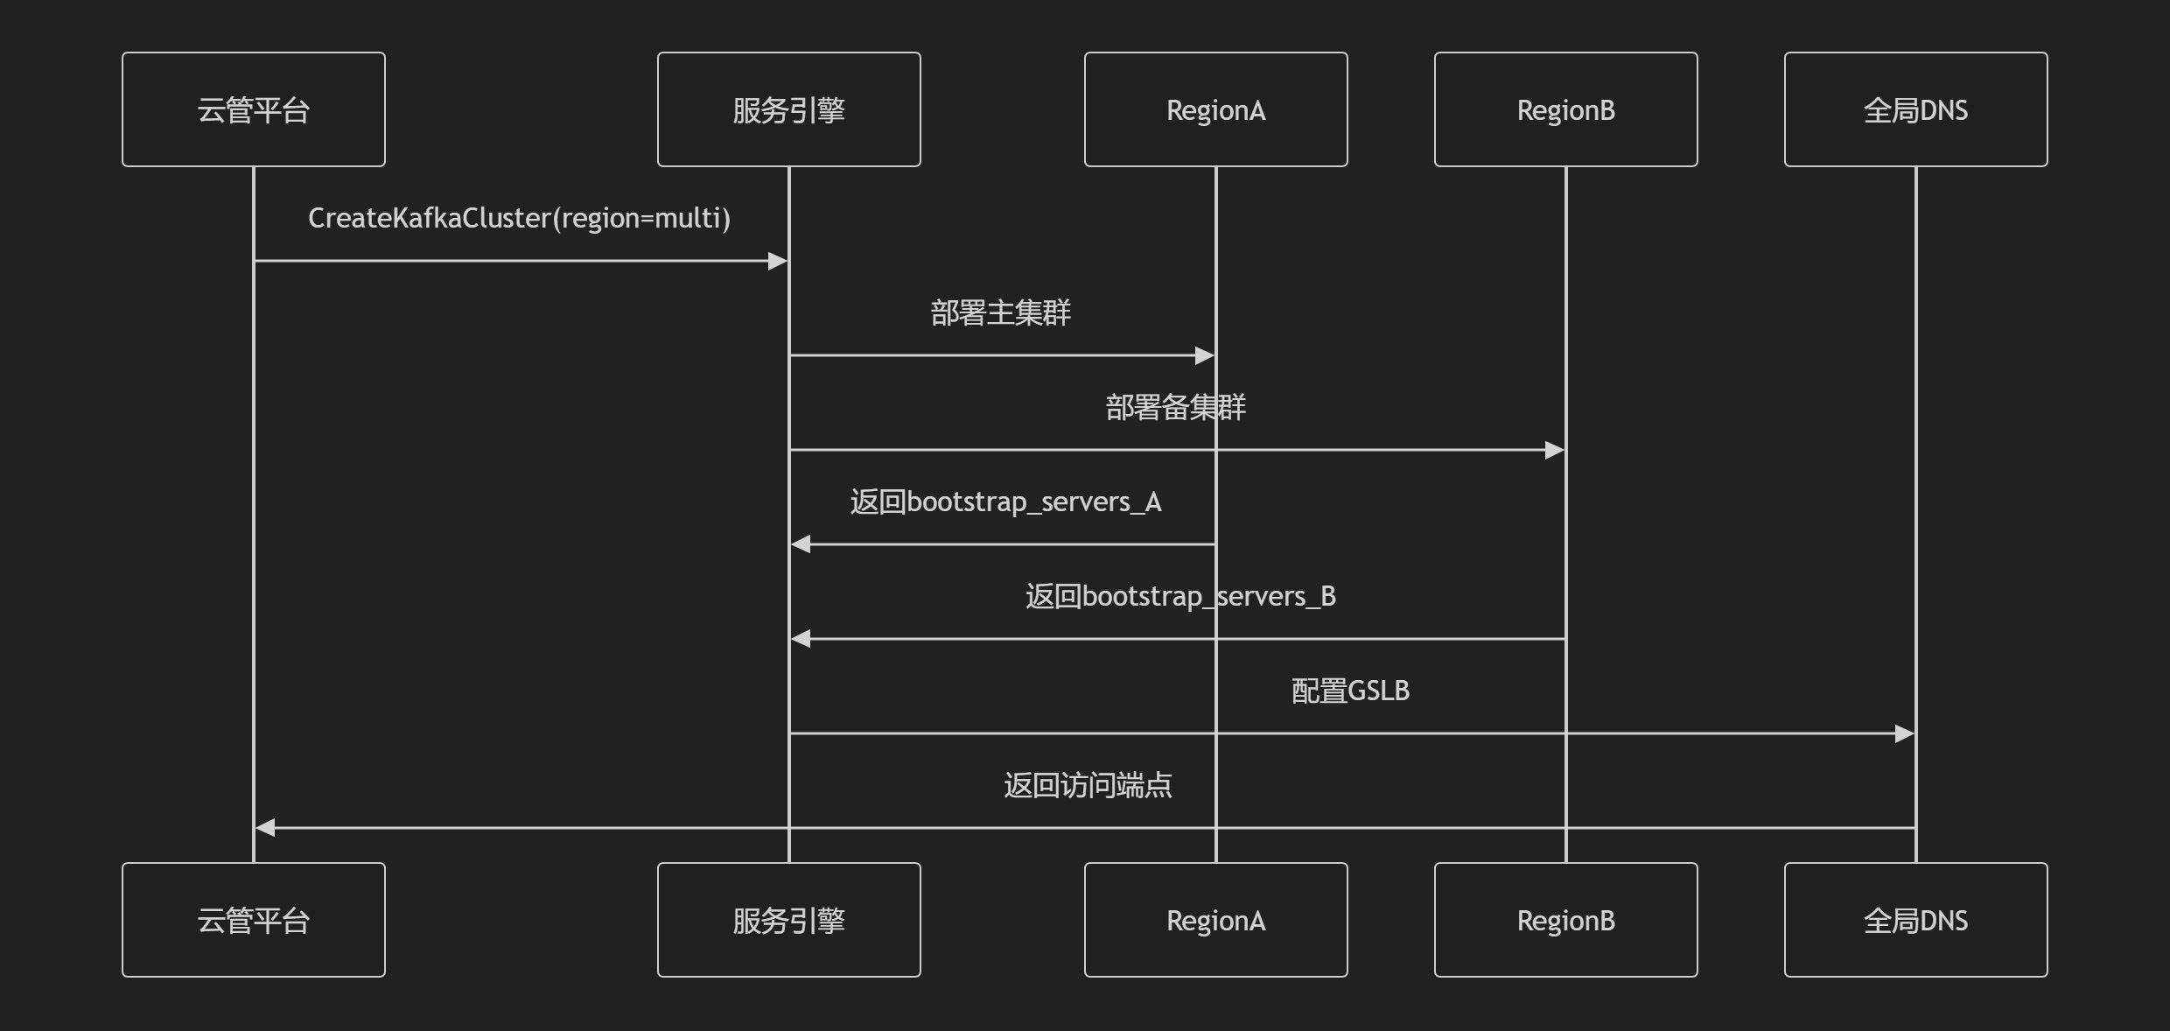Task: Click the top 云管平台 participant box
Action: [x=254, y=109]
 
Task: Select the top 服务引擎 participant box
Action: [x=788, y=109]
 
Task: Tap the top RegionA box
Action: [x=1215, y=109]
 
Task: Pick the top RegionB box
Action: [x=1565, y=109]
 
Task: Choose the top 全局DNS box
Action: [x=1915, y=109]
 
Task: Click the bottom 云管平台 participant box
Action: [x=254, y=920]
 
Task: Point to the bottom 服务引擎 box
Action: [x=788, y=920]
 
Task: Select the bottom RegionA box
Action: [x=1215, y=920]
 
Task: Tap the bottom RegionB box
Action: [x=1565, y=920]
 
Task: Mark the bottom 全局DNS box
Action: [x=1915, y=920]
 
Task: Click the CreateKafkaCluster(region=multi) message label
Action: [x=519, y=218]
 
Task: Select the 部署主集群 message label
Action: [x=1000, y=312]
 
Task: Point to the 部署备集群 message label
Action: [x=1175, y=407]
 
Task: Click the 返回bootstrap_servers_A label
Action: [x=1005, y=501]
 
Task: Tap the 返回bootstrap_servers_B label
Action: [x=1180, y=596]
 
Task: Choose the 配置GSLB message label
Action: [x=1350, y=691]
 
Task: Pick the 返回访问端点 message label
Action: [x=1088, y=785]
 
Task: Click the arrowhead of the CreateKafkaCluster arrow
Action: [x=778, y=261]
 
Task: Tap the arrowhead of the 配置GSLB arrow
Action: [x=1905, y=733]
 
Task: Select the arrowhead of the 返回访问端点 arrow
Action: [x=266, y=827]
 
